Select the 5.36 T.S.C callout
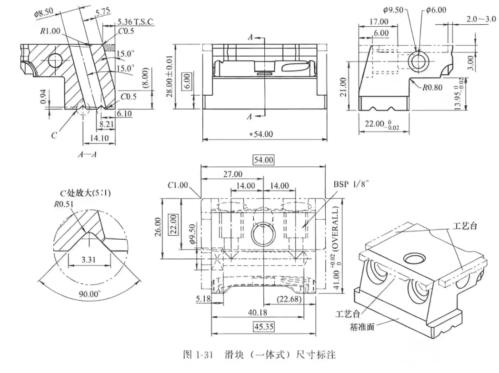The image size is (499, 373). pyautogui.click(x=136, y=22)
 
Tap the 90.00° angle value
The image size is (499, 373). pyautogui.click(x=89, y=294)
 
